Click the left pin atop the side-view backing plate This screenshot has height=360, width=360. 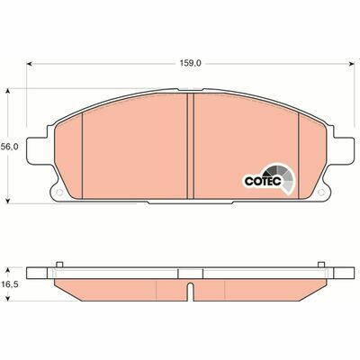[x=59, y=264]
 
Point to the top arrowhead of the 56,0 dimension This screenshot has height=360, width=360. [x=10, y=90]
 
